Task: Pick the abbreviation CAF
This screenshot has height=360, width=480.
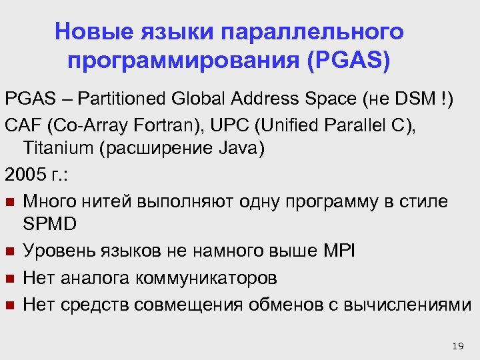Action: [x=21, y=124]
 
